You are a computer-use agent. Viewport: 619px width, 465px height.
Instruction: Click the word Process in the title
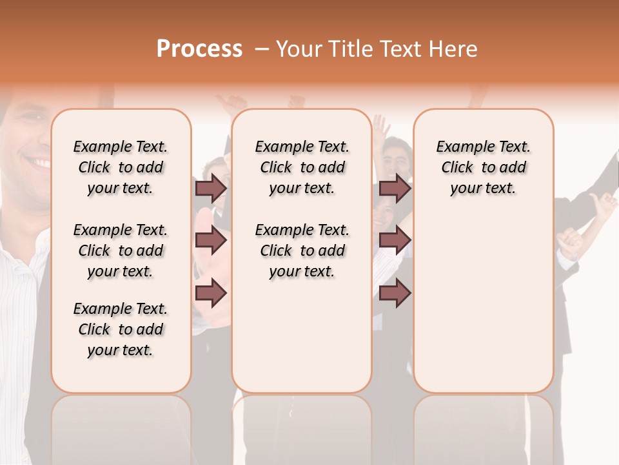pyautogui.click(x=199, y=49)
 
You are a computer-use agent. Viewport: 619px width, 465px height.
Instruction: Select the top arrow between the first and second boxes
pyautogui.click(x=211, y=188)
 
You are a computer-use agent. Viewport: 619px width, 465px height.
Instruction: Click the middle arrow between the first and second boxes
pyautogui.click(x=211, y=240)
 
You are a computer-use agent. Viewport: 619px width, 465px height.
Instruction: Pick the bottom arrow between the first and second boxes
pyautogui.click(x=211, y=293)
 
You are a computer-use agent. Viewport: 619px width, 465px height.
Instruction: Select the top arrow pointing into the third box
pyautogui.click(x=395, y=188)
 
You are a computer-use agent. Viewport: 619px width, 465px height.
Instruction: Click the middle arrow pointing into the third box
pyautogui.click(x=395, y=240)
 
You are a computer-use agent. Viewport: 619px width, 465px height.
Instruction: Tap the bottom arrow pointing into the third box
pyautogui.click(x=395, y=293)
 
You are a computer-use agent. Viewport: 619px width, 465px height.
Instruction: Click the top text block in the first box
pyautogui.click(x=121, y=167)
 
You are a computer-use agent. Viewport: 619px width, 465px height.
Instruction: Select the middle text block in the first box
pyautogui.click(x=121, y=251)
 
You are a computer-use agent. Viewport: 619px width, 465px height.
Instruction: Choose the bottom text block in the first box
pyautogui.click(x=121, y=329)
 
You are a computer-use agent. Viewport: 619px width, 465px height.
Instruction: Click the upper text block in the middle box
pyautogui.click(x=302, y=167)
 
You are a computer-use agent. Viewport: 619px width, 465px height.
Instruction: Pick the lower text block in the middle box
pyautogui.click(x=302, y=251)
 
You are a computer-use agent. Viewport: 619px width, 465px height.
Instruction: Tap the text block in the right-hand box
pyautogui.click(x=483, y=167)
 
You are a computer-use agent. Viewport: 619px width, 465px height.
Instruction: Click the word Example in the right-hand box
pyautogui.click(x=460, y=147)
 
